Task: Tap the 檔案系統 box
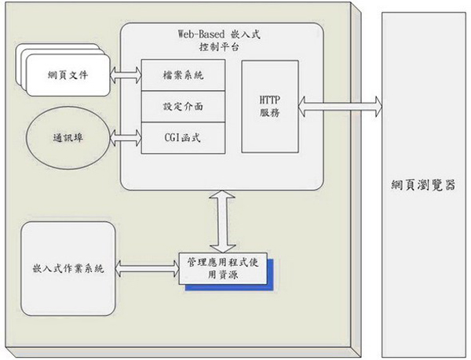pos(183,75)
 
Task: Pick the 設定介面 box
pos(183,106)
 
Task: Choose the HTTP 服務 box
pos(268,106)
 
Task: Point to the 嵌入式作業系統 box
pos(68,269)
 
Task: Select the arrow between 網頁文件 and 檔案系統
pos(126,75)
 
